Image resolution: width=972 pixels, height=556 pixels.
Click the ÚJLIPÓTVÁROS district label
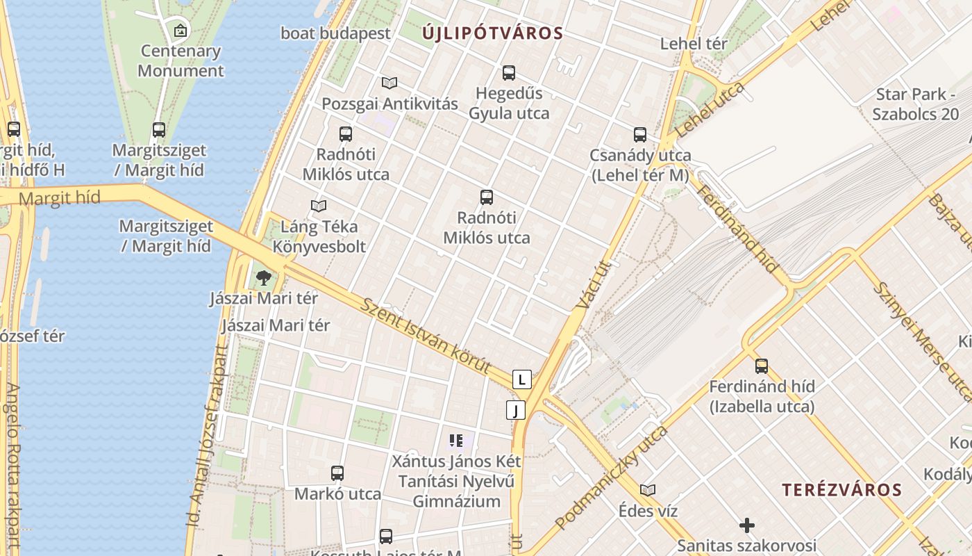[x=492, y=33]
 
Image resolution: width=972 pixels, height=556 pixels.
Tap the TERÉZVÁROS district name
[x=841, y=490]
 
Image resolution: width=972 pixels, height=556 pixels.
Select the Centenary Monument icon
[x=181, y=30]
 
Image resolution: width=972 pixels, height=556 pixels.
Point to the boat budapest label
[x=335, y=33]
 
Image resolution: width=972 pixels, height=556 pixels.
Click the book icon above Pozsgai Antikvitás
[x=389, y=83]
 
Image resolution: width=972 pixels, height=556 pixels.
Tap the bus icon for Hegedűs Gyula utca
[x=509, y=72]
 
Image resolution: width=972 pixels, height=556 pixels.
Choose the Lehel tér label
[x=694, y=44]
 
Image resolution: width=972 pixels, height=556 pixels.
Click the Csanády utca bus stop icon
[x=640, y=135]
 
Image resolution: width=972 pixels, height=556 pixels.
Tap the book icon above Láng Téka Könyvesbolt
[x=319, y=206]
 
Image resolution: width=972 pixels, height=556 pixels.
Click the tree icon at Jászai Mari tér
[x=263, y=278]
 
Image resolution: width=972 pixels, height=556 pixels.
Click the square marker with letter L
[x=522, y=379]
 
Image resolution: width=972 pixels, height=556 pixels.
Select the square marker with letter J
[x=515, y=411]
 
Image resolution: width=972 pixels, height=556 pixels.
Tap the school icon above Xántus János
[x=456, y=440]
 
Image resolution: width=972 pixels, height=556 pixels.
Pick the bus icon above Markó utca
[x=337, y=473]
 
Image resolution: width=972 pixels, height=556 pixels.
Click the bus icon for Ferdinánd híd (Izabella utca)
[x=762, y=366]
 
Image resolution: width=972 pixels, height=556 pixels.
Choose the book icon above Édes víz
[x=648, y=490]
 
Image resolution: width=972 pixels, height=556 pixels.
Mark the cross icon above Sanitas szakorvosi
[x=747, y=525]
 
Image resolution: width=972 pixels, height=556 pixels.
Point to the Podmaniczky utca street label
[x=611, y=477]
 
